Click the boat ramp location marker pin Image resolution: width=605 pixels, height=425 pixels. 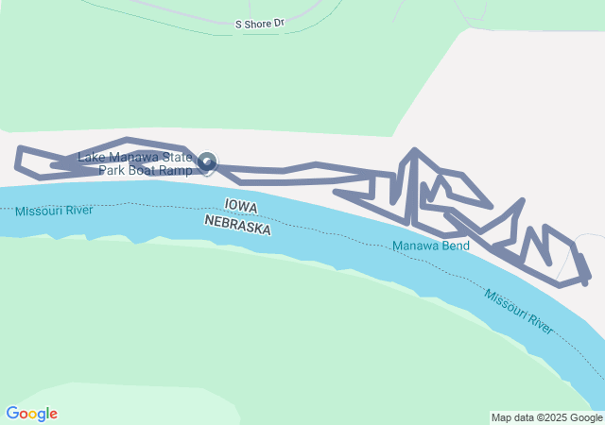(x=207, y=163)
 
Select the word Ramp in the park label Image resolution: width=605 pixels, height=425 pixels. (x=177, y=171)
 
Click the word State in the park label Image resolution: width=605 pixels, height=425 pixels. (x=177, y=158)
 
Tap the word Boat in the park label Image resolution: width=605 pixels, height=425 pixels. (x=145, y=171)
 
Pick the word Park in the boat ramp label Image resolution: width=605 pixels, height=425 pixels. (x=113, y=171)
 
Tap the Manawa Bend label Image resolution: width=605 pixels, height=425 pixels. (x=430, y=246)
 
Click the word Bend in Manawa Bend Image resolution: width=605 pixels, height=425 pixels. (x=455, y=246)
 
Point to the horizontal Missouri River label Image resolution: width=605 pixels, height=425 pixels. (x=54, y=210)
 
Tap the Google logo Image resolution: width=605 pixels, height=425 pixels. (x=31, y=414)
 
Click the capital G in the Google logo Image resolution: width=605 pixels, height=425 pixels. (x=12, y=414)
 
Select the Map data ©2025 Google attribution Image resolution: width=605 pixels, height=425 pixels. (x=546, y=417)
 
